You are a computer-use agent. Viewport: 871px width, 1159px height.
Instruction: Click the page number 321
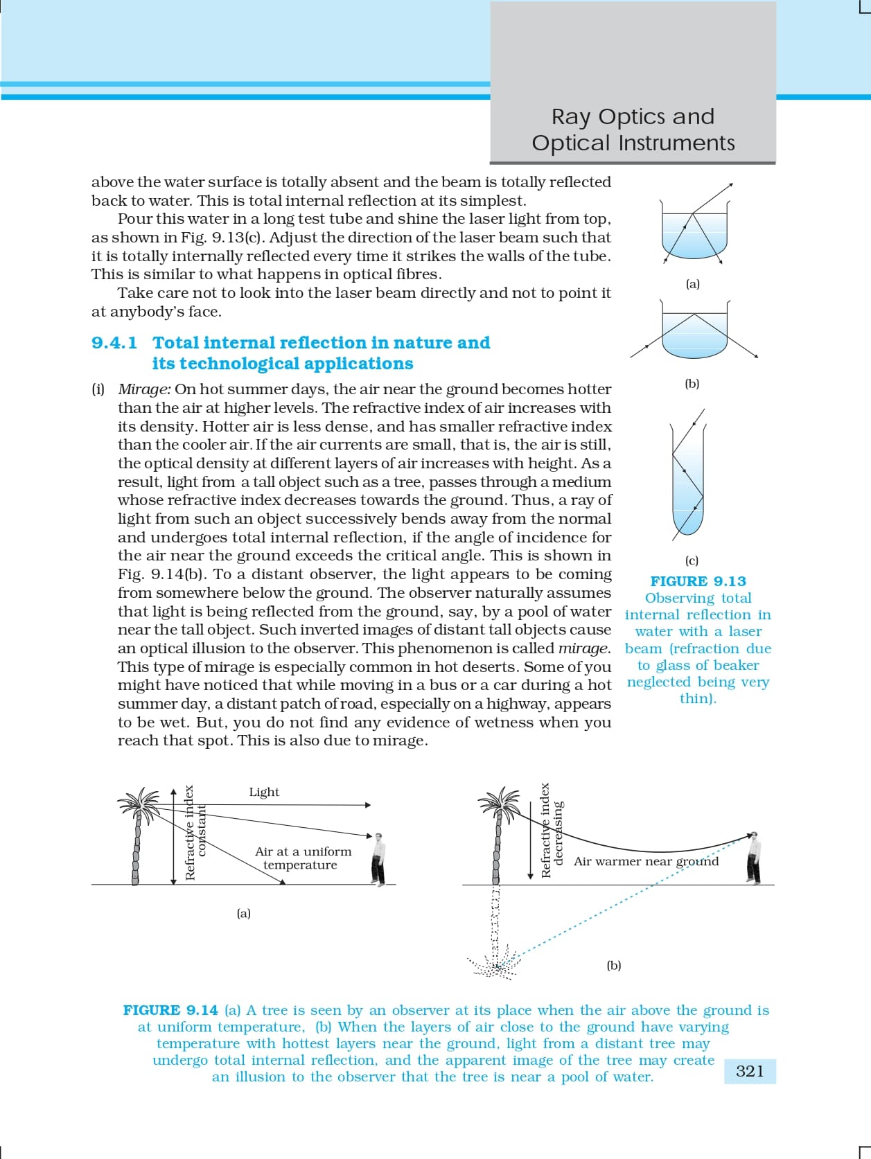pyautogui.click(x=750, y=1071)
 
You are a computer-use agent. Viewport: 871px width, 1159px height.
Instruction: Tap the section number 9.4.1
pyautogui.click(x=114, y=343)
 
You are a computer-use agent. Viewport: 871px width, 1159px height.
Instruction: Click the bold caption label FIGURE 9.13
pyautogui.click(x=698, y=581)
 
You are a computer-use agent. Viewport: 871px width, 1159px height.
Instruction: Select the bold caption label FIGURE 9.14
pyautogui.click(x=170, y=1010)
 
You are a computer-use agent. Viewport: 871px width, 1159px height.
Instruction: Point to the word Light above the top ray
pyautogui.click(x=264, y=792)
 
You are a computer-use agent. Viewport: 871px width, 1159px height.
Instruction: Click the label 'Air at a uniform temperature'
pyautogui.click(x=303, y=858)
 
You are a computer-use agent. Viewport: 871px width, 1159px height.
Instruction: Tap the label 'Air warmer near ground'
pyautogui.click(x=646, y=861)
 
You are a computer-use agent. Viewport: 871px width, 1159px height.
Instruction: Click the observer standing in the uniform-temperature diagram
pyautogui.click(x=378, y=859)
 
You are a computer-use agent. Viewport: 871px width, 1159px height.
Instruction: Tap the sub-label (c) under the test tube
pyautogui.click(x=692, y=560)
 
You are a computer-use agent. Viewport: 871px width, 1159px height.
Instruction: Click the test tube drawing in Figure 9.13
pyautogui.click(x=687, y=478)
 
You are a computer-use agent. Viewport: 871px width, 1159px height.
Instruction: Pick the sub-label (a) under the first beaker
pyautogui.click(x=692, y=284)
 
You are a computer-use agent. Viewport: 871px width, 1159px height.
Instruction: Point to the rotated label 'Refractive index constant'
pyautogui.click(x=195, y=831)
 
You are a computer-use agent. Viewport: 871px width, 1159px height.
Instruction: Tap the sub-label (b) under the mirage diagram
pyautogui.click(x=613, y=965)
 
